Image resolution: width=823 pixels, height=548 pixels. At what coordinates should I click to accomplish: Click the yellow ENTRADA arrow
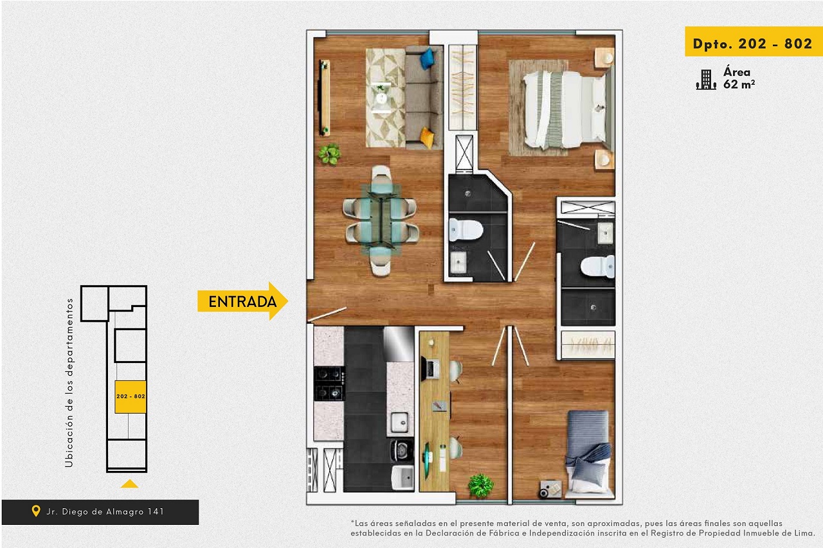pos(242,301)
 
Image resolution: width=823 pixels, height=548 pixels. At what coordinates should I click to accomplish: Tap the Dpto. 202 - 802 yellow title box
pos(753,42)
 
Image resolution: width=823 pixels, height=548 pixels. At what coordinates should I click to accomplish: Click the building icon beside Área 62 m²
pos(706,80)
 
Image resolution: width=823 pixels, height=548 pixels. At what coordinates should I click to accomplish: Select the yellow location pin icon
pos(35,511)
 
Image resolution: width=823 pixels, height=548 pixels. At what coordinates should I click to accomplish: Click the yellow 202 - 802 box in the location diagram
pos(131,397)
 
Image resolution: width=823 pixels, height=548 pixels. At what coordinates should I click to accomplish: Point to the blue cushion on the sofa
pos(427,58)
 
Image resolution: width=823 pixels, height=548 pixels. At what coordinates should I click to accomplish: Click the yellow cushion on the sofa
pos(427,138)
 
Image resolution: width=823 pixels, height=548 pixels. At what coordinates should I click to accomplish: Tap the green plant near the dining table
pos(330,154)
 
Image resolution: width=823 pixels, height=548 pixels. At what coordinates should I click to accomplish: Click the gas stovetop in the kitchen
pos(329,383)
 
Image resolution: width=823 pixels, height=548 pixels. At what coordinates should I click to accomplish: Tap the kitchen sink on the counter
pos(399,422)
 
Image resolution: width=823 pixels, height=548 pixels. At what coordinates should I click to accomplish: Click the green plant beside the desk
pos(480,486)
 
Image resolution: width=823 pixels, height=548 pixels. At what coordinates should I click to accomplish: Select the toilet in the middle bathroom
pos(466,230)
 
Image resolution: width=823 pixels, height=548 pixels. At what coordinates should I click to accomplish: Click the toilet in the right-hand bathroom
pos(597,266)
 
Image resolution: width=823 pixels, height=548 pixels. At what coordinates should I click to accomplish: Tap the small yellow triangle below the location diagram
pos(129,484)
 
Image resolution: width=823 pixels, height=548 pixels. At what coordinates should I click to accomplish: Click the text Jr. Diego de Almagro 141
pos(105,511)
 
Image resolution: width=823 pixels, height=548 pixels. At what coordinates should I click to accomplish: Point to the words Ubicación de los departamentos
pos(69,382)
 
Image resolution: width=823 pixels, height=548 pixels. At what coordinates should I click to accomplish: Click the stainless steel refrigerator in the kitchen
pos(399,343)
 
